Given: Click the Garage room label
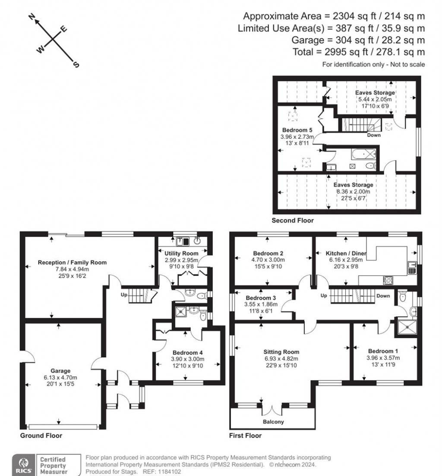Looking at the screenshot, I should (60, 370).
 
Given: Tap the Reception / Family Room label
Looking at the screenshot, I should (72, 262).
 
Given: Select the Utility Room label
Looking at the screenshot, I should (181, 253).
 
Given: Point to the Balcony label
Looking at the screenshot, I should (273, 421).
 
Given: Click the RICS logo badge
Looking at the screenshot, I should (22, 465).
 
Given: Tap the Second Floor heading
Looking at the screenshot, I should (292, 220).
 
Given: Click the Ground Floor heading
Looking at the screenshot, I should (41, 435).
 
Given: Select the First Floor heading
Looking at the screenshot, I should (245, 435).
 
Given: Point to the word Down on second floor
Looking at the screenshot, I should (373, 135).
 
